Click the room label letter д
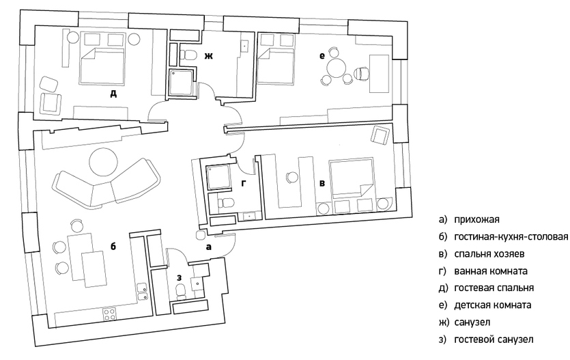click(113, 94)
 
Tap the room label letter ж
click(208, 55)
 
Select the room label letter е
click(322, 55)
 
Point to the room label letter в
click(322, 183)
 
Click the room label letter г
click(244, 183)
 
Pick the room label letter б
click(113, 246)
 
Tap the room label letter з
click(180, 278)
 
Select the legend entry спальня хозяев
click(489, 254)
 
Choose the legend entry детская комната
click(493, 305)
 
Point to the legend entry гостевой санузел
click(494, 340)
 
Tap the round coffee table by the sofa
click(104, 162)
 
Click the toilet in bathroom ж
click(187, 55)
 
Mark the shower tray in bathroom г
click(218, 177)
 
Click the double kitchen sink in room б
click(143, 292)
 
